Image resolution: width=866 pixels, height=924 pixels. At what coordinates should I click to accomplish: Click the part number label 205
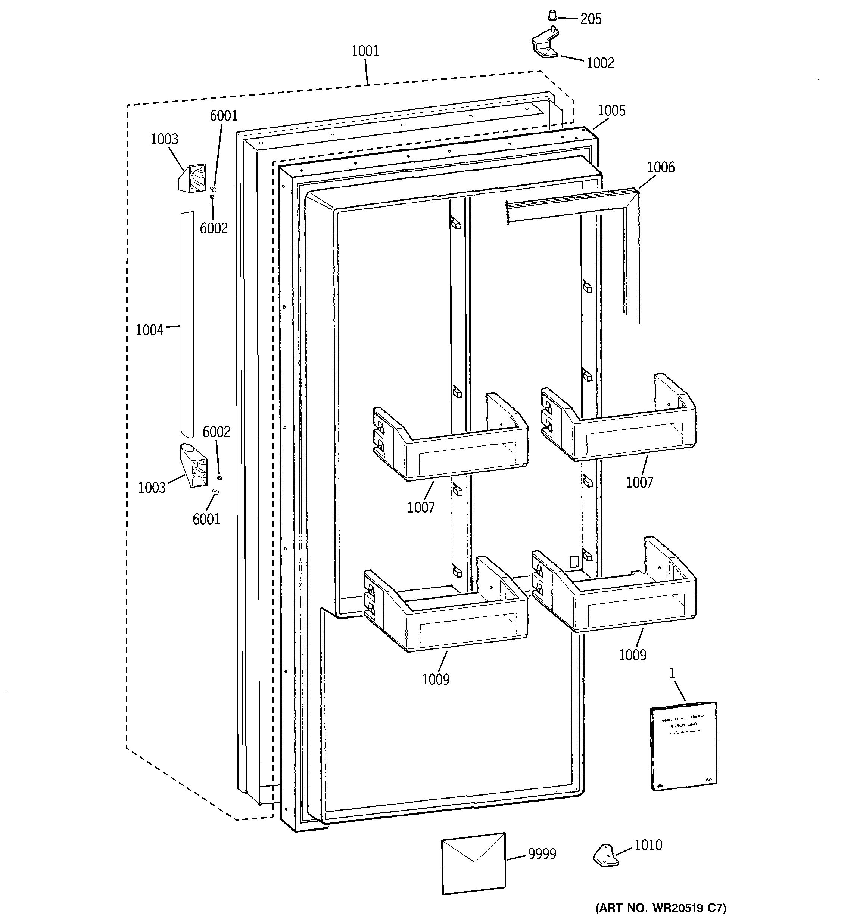pyautogui.click(x=591, y=19)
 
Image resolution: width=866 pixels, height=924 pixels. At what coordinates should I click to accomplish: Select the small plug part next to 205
pyautogui.click(x=552, y=15)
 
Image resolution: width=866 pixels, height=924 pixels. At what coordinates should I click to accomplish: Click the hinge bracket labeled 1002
pyautogui.click(x=544, y=46)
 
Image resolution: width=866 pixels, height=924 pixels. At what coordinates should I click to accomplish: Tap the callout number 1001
pyautogui.click(x=365, y=51)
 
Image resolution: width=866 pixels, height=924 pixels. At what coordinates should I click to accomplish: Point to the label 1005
pyautogui.click(x=611, y=111)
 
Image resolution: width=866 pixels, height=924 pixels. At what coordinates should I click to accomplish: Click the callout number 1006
pyautogui.click(x=661, y=167)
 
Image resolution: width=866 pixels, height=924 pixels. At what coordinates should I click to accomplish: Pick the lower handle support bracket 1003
pyautogui.click(x=194, y=465)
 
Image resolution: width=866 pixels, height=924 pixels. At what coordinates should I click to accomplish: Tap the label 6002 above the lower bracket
pyautogui.click(x=216, y=432)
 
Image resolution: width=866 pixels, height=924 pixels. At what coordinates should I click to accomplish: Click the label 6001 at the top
pyautogui.click(x=224, y=116)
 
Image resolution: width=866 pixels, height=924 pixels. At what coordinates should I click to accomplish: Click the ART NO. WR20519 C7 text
pyautogui.click(x=661, y=908)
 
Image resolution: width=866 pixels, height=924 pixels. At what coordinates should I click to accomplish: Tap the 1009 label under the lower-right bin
pyautogui.click(x=632, y=655)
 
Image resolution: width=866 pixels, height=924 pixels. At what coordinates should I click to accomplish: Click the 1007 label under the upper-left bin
pyautogui.click(x=421, y=508)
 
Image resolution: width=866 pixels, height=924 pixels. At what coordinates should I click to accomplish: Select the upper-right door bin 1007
pyautogui.click(x=618, y=418)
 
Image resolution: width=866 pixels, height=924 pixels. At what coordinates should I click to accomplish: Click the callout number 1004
pyautogui.click(x=150, y=330)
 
